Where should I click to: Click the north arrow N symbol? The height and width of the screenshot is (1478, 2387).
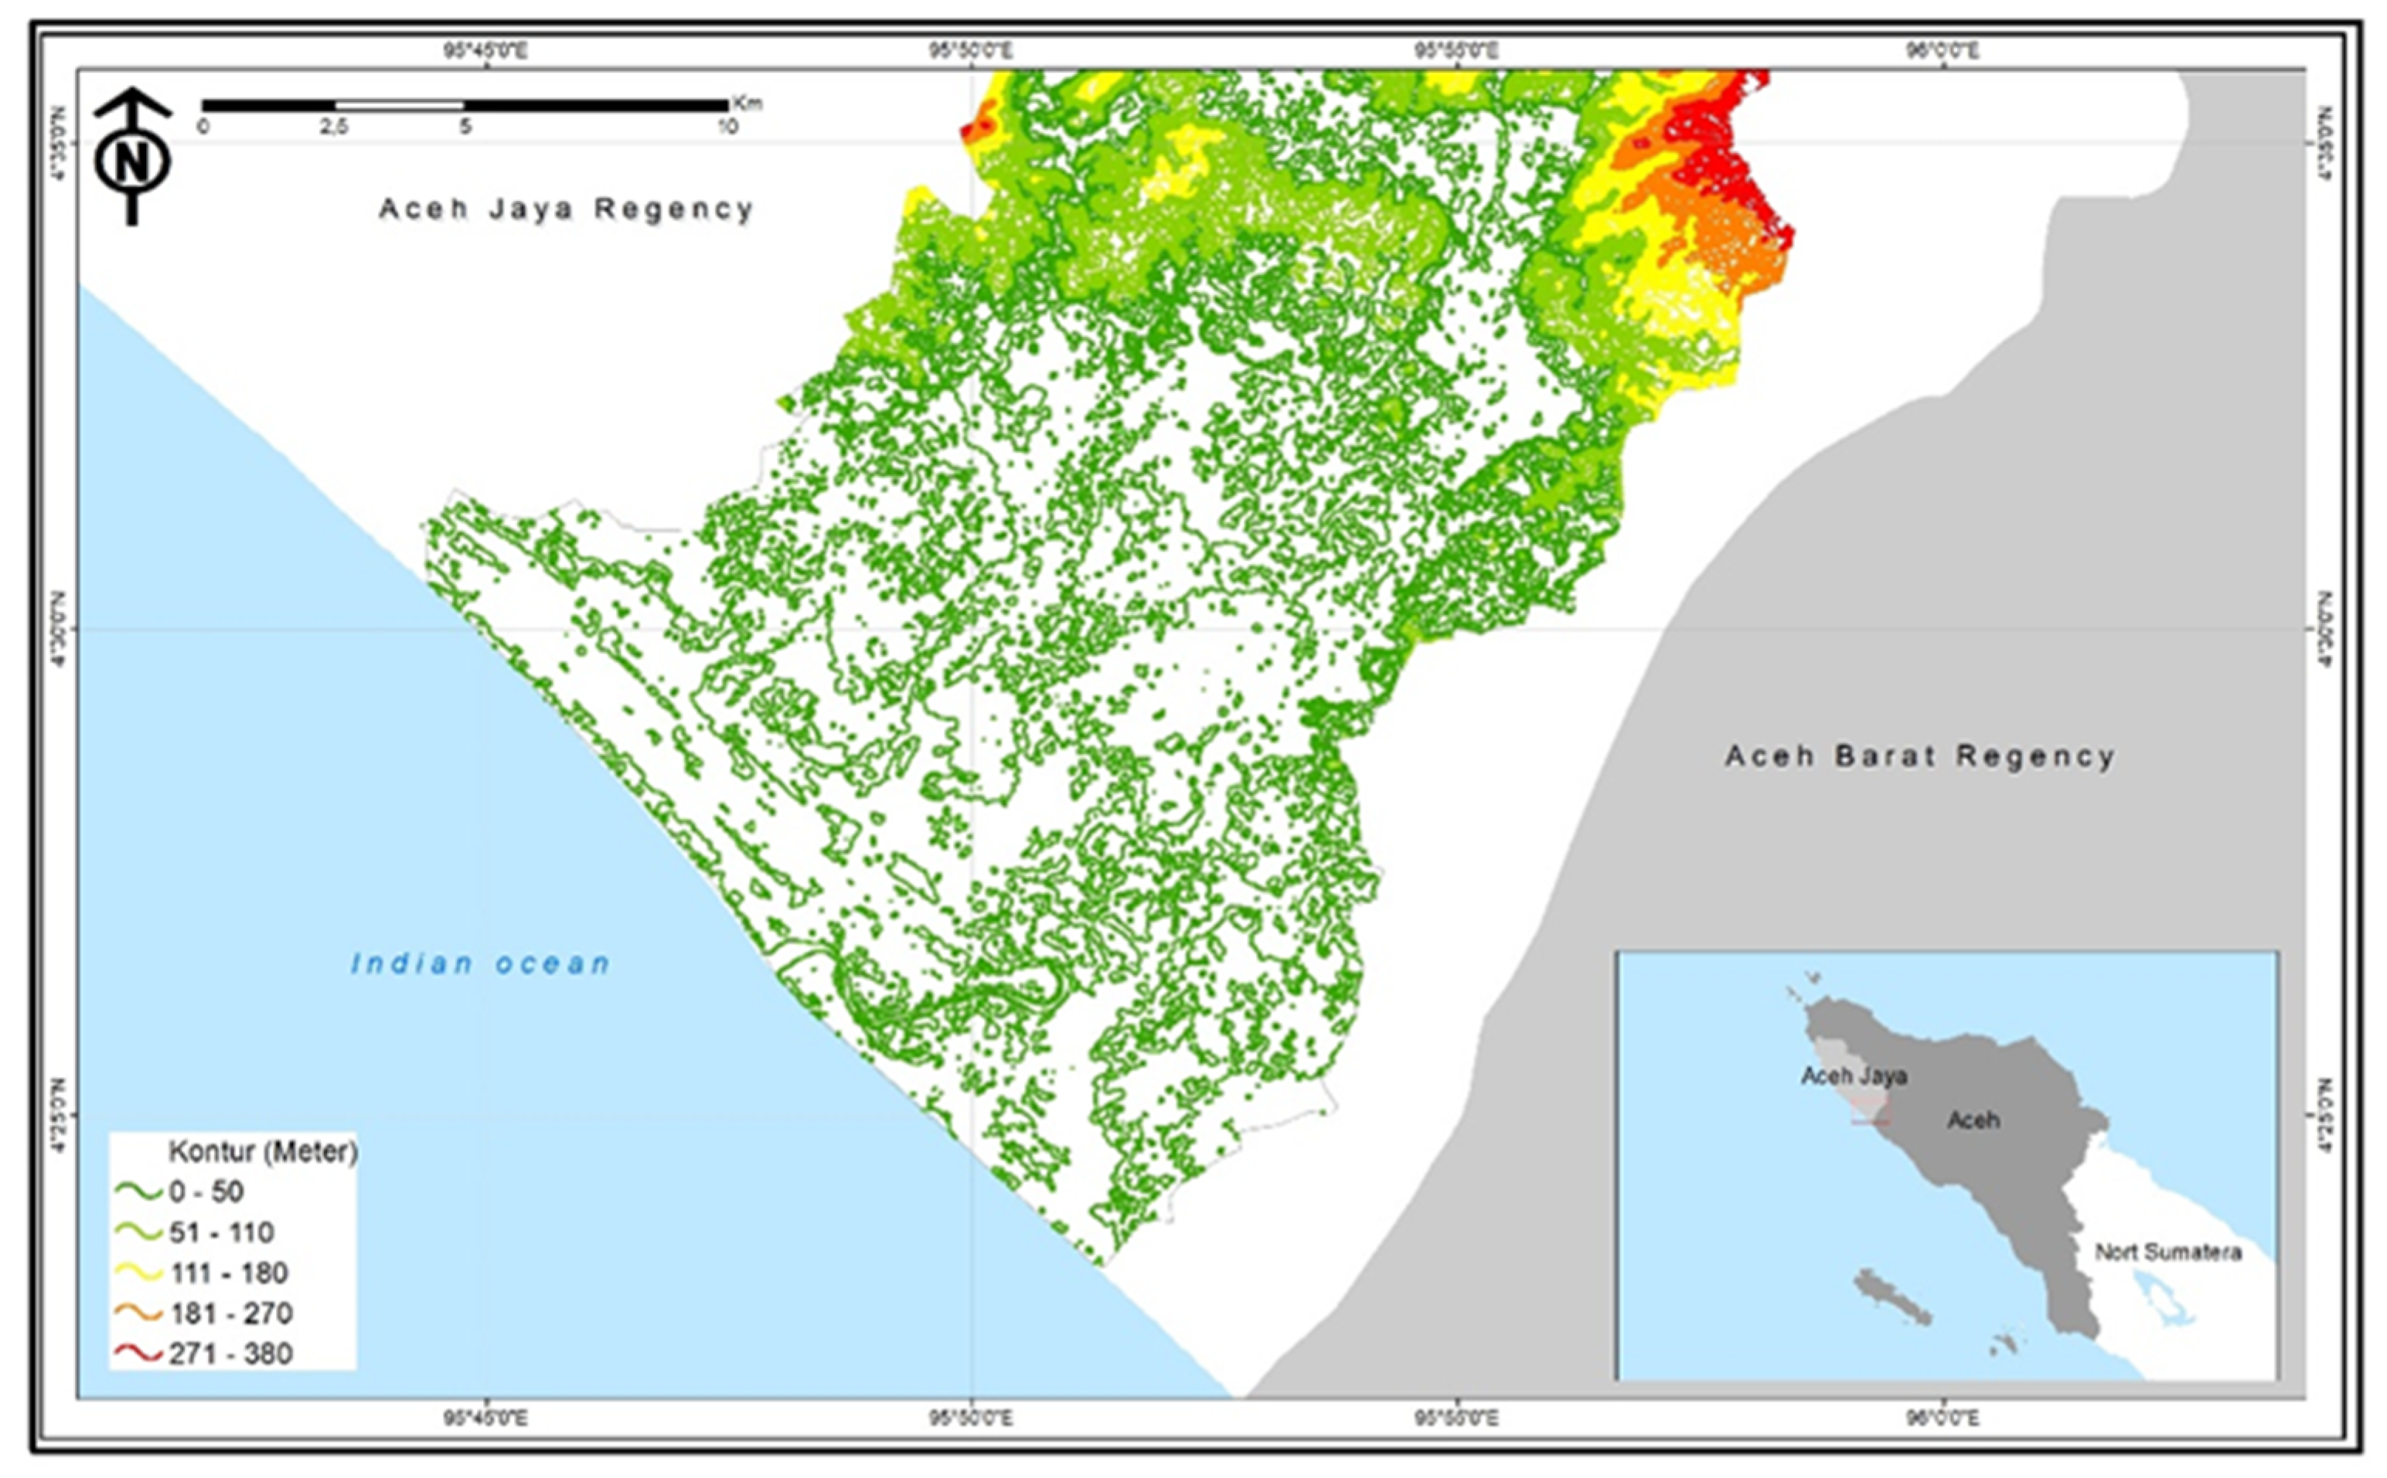click(132, 161)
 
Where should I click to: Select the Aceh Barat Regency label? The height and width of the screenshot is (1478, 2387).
click(1919, 756)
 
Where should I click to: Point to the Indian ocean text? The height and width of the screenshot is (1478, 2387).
click(481, 963)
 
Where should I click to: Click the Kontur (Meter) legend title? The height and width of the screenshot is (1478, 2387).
click(262, 1151)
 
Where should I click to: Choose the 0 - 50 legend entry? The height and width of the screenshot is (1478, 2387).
click(206, 1191)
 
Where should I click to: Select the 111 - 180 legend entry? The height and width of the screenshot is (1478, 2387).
click(228, 1272)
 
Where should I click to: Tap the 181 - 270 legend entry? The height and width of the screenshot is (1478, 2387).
click(231, 1313)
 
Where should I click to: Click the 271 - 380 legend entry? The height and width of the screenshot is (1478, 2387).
click(231, 1354)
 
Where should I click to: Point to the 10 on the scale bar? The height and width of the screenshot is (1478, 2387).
click(727, 127)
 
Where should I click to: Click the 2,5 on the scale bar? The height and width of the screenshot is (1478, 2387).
click(335, 127)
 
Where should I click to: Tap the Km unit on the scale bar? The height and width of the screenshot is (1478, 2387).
click(747, 104)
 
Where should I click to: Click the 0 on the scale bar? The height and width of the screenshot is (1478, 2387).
click(203, 127)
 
